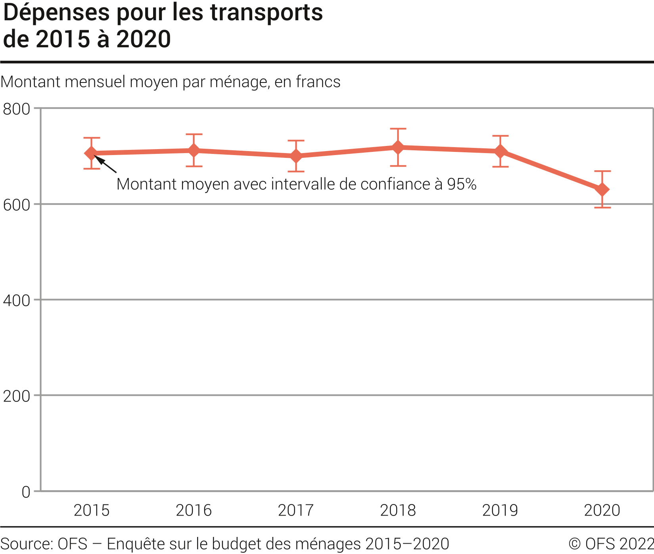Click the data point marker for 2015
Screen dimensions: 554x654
[x=91, y=153]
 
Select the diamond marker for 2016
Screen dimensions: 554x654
[x=194, y=150]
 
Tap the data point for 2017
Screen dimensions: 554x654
[x=296, y=156]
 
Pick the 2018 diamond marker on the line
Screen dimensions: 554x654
[x=398, y=147]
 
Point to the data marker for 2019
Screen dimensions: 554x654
[x=500, y=151]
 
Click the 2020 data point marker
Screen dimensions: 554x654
[x=602, y=190]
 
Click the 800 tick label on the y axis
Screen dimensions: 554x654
[x=16, y=109]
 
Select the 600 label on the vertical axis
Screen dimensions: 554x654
[x=16, y=205]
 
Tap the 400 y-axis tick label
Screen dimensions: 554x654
[x=16, y=301]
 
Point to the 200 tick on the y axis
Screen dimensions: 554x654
[x=16, y=396]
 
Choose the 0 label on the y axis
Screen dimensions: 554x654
[x=26, y=492]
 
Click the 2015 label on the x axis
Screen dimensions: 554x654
[x=91, y=510]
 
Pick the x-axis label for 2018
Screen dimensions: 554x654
[x=398, y=510]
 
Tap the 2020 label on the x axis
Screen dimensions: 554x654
[x=602, y=510]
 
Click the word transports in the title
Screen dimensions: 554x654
[x=266, y=13]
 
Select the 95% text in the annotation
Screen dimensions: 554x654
[x=462, y=184]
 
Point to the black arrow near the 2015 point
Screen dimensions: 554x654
[x=105, y=164]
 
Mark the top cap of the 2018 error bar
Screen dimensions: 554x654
[x=398, y=129]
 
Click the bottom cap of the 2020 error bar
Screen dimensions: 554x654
[x=602, y=207]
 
